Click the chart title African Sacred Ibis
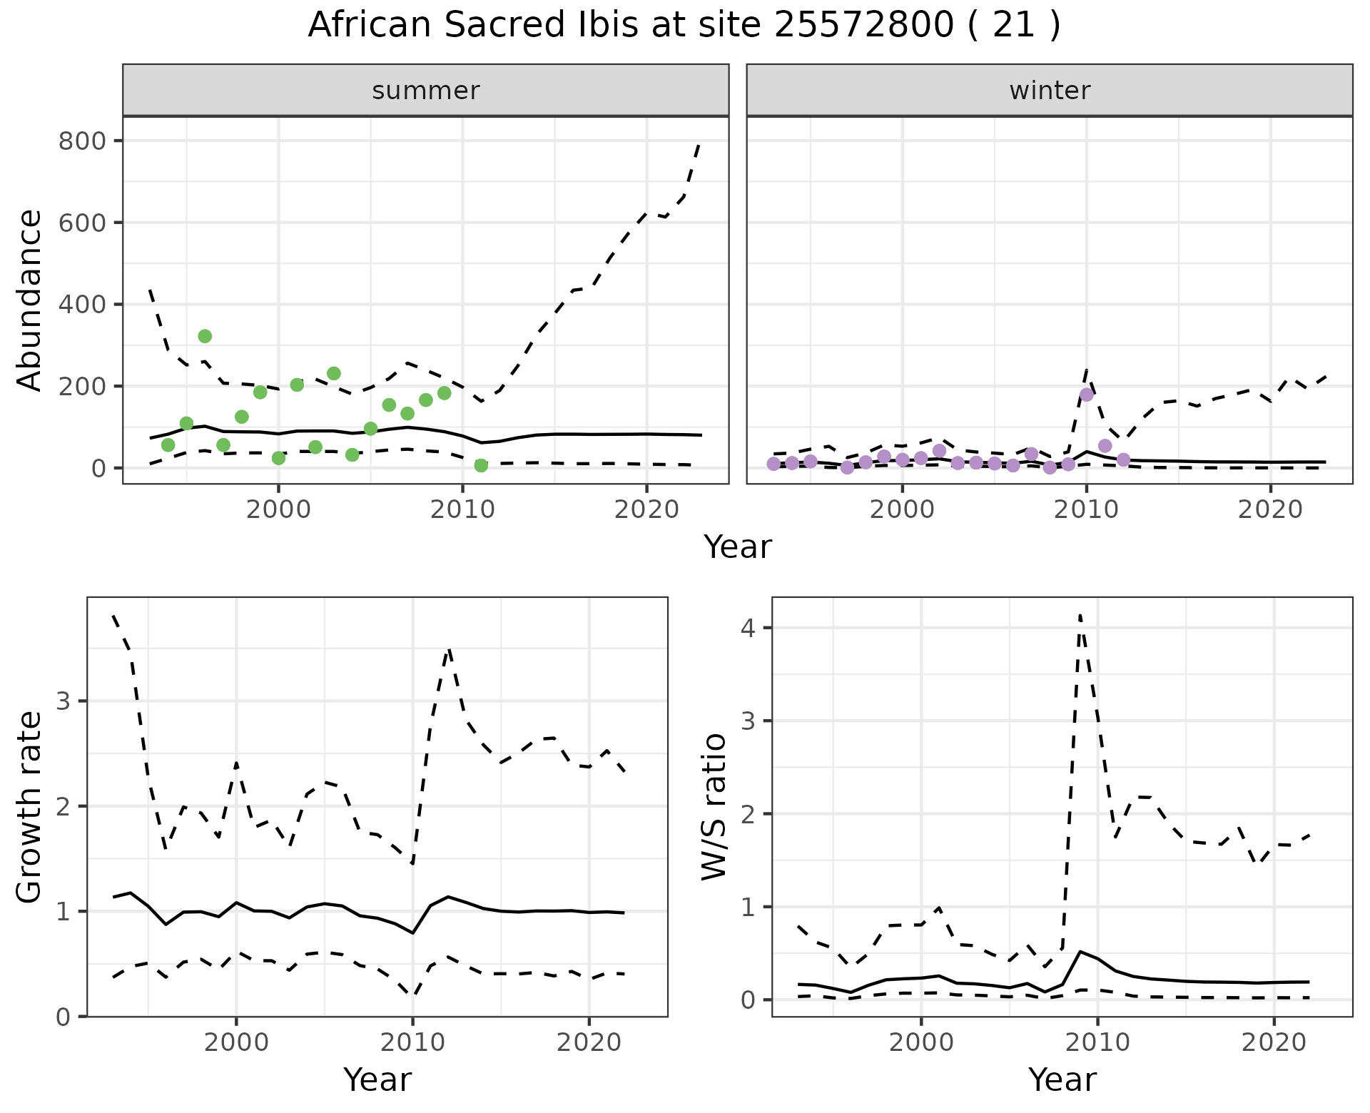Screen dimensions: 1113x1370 tap(684, 26)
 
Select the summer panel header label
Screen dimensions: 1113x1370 tap(426, 91)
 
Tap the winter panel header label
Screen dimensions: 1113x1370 tap(1050, 91)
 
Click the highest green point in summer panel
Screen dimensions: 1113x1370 tap(205, 336)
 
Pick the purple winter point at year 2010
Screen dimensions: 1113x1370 tap(1087, 395)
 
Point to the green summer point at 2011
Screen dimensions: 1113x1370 tap(481, 465)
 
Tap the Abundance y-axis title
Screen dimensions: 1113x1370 tap(30, 300)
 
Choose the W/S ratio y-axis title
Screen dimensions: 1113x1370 tap(714, 807)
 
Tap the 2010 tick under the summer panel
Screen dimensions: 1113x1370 tap(462, 509)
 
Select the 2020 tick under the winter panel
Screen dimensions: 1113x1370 tap(1270, 509)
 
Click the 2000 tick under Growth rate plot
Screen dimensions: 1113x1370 tap(236, 1042)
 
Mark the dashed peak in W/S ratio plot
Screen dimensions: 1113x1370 tap(1080, 615)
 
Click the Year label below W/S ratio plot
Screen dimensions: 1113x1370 tap(1062, 1080)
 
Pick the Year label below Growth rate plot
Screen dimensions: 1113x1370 tap(377, 1080)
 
